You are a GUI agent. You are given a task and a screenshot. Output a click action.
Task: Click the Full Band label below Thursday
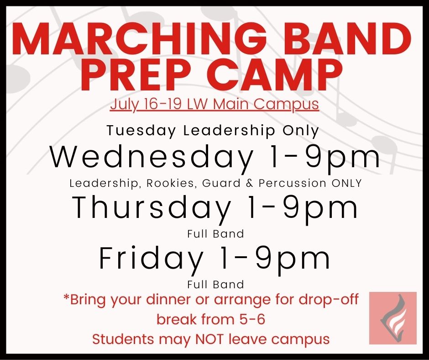(x=215, y=234)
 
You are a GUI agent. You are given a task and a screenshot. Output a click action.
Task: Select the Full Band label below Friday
(x=215, y=284)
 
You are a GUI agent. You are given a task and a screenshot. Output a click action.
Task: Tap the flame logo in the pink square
(x=392, y=318)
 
